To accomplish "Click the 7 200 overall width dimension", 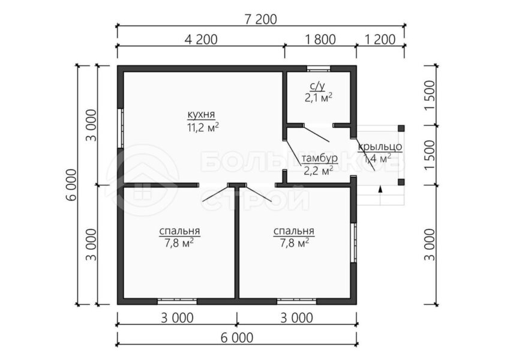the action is point(260,20).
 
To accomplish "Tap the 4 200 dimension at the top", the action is point(200,40).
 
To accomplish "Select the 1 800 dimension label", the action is point(320,40).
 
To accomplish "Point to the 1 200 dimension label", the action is point(380,40).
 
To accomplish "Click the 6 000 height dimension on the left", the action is point(72,185).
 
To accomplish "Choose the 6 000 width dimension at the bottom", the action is point(237,338).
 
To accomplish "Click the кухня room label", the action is point(201,115).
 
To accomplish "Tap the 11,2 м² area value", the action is point(202,127).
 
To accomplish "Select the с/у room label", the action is point(317,86).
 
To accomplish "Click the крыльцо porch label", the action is point(380,147).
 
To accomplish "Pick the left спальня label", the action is point(179,231).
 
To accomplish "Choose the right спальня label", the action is point(294,231).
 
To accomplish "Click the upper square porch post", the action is point(401,128).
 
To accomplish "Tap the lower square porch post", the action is point(401,182).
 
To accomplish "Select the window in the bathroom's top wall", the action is point(319,68).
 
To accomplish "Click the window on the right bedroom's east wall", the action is point(353,243).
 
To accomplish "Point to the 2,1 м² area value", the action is point(319,98).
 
